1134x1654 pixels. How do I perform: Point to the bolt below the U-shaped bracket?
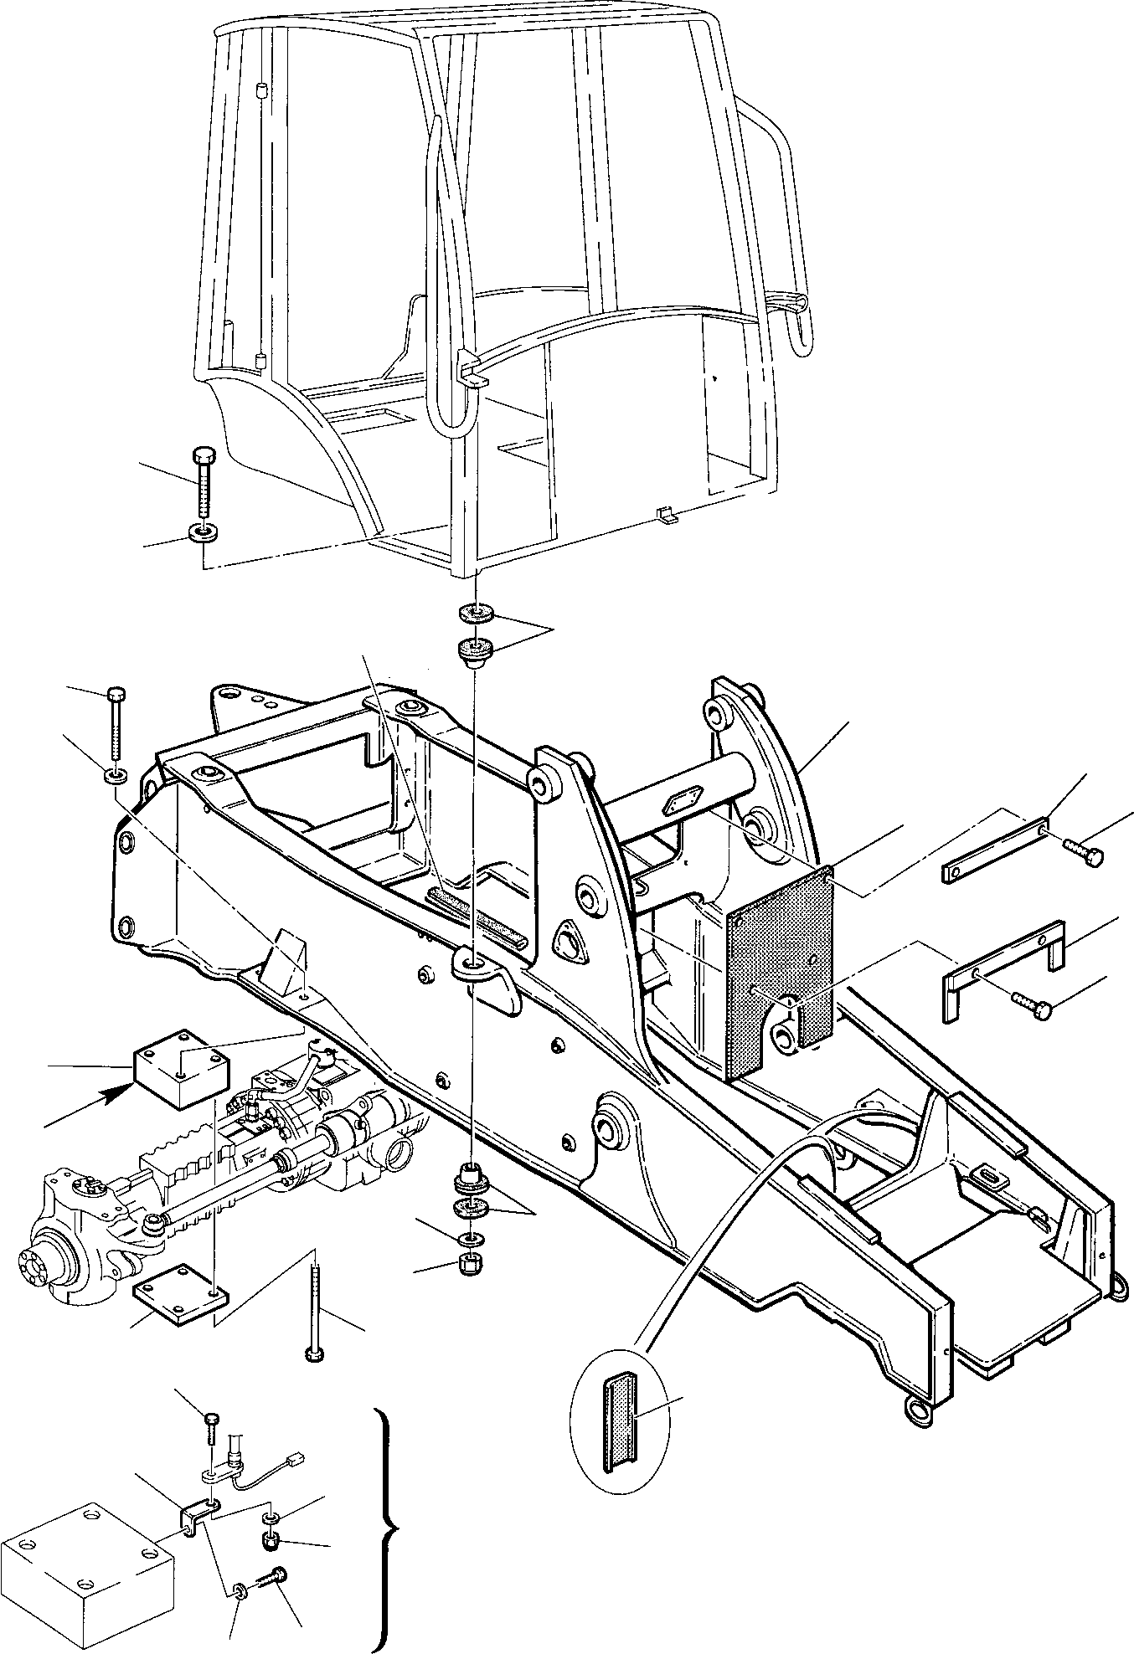(1030, 1005)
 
